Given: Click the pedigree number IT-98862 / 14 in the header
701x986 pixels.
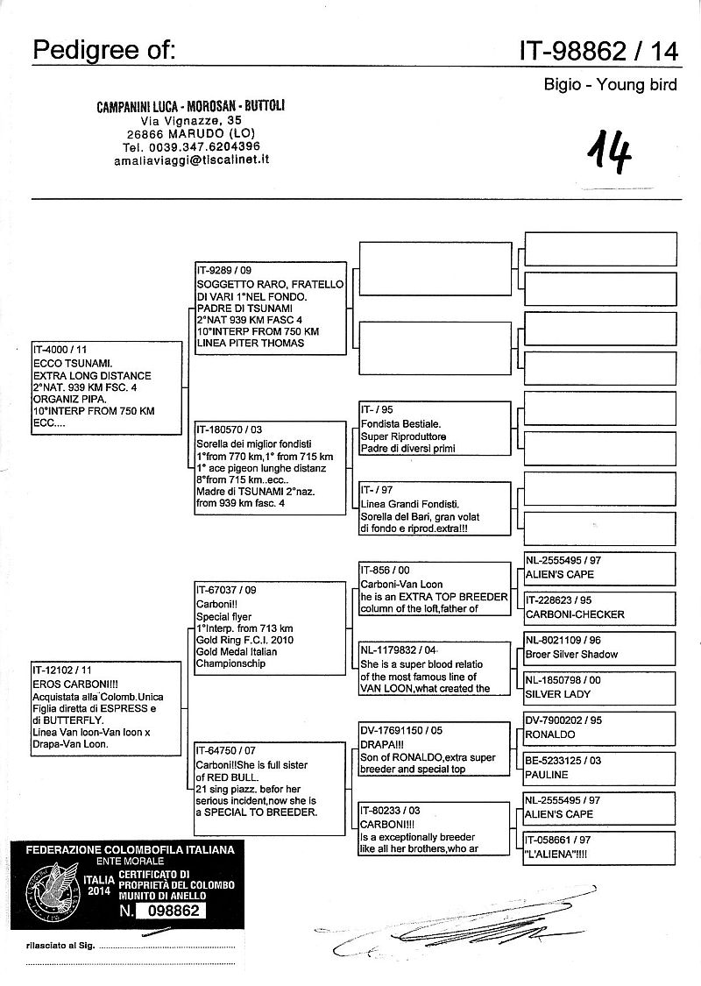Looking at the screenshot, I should point(598,51).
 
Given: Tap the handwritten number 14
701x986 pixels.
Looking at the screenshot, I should point(611,153).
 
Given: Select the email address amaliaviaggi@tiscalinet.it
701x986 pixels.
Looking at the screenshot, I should point(190,161).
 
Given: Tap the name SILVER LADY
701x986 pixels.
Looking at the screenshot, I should point(558,694).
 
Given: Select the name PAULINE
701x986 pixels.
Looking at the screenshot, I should point(547,775).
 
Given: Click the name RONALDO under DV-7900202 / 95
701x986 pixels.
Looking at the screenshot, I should point(550,734).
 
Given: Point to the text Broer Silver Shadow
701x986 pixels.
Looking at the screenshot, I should point(571,655).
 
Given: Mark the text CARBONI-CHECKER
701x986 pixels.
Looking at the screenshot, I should point(575,614).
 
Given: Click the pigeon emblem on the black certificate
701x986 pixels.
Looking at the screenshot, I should point(53,886).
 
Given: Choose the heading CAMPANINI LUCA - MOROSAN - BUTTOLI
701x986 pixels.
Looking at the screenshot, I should point(191,106).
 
